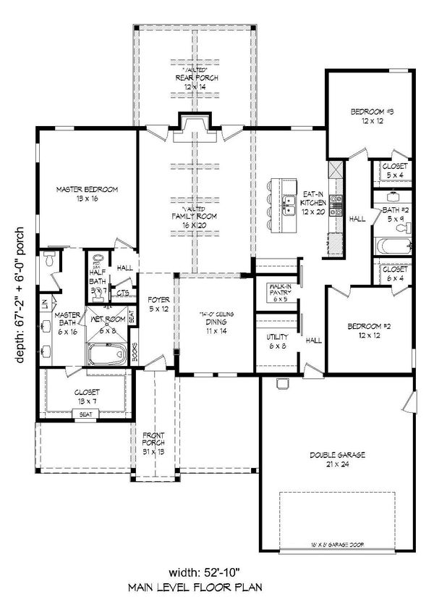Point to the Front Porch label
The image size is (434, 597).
pos(154,439)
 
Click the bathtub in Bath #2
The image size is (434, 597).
pos(392,245)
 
